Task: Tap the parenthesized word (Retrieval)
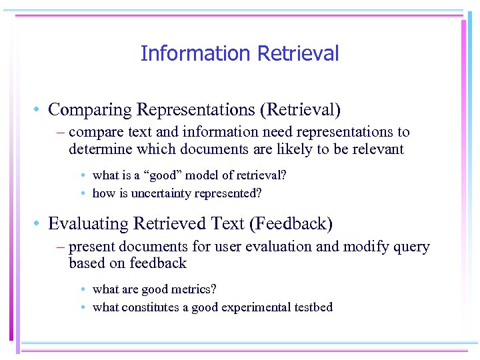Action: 304,109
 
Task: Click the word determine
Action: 97,149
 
